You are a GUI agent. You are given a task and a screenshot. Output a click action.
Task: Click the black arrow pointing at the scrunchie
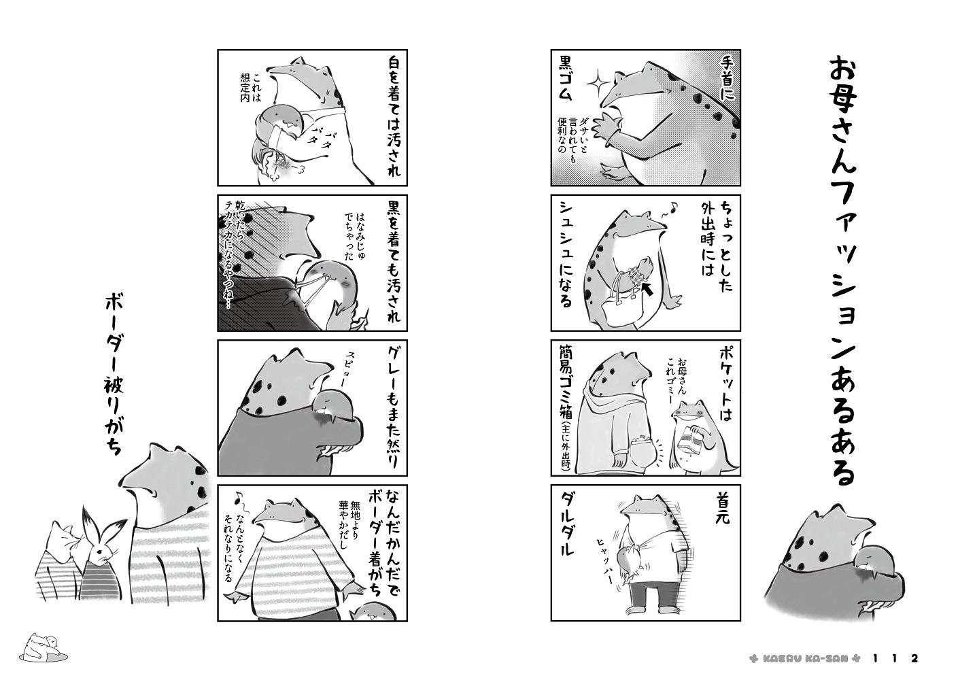tap(647, 289)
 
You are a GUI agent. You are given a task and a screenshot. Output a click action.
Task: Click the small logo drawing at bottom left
tap(44, 648)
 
